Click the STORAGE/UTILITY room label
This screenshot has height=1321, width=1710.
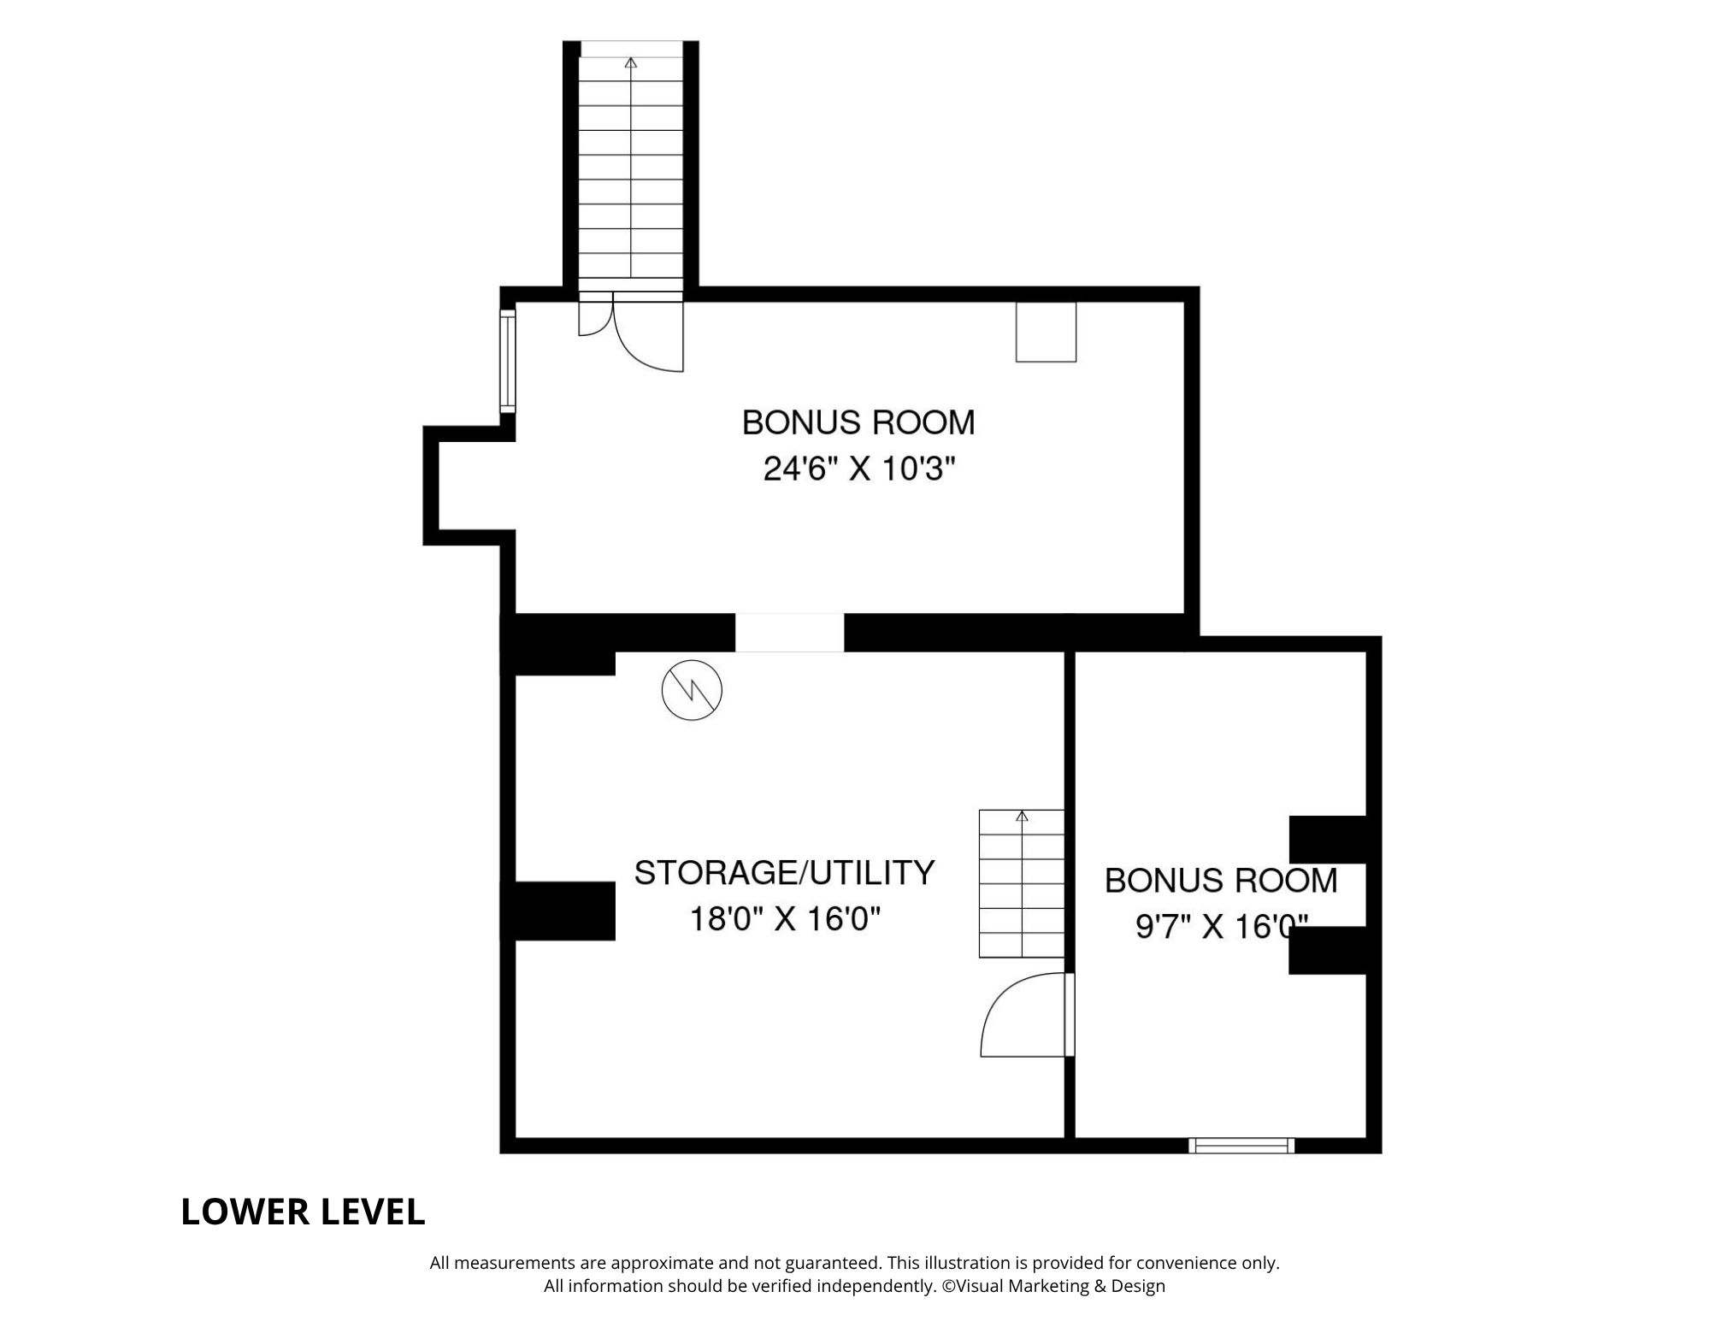pos(784,873)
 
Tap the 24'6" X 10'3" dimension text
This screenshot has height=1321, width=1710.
pos(858,469)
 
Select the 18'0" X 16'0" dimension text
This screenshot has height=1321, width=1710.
pos(784,920)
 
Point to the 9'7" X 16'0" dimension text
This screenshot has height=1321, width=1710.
pos(1221,927)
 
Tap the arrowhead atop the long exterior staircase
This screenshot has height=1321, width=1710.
pos(631,62)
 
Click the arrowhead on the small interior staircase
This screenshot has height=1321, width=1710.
pos(1022,817)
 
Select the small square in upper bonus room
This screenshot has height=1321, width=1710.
pos(1045,332)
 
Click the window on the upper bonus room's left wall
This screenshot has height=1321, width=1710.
pos(508,360)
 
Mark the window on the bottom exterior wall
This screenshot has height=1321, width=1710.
pos(1241,1145)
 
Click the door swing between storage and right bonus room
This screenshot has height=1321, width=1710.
pos(1022,1016)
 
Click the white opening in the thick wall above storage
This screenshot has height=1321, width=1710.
pos(789,632)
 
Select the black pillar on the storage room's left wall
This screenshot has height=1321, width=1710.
pos(563,911)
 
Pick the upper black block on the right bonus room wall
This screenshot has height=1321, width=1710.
pos(1326,839)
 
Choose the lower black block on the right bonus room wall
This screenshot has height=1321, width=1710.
pos(1326,950)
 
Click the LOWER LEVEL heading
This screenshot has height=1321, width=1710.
pos(303,1212)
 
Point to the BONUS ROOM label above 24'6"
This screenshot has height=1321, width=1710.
pos(858,422)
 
